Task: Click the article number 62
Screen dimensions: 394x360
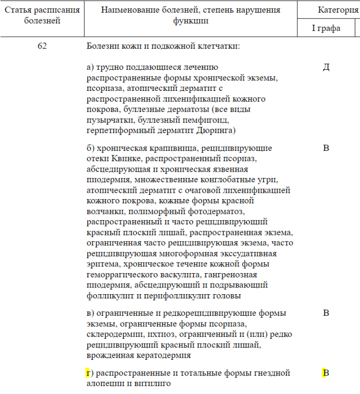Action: tap(42, 46)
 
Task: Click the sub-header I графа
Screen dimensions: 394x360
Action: tap(326, 28)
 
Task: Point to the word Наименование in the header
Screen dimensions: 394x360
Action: tap(125, 10)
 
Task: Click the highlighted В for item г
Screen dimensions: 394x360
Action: tap(326, 374)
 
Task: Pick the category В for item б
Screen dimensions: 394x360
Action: tap(326, 148)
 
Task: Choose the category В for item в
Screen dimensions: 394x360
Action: tap(326, 314)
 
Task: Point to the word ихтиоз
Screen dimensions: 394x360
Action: tap(147, 335)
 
